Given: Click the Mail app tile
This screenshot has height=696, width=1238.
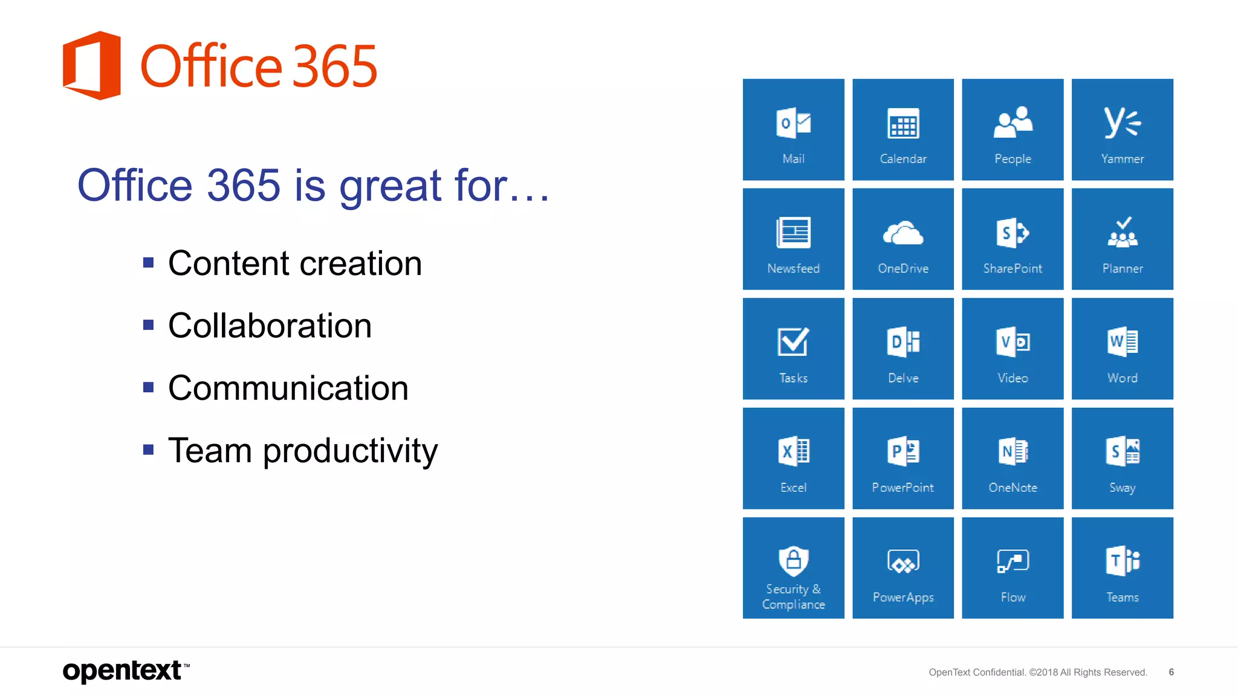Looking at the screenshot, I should pyautogui.click(x=793, y=129).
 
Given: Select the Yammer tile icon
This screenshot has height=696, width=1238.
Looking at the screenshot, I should pyautogui.click(x=1122, y=123).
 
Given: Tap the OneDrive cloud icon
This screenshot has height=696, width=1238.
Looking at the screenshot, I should pyautogui.click(x=903, y=233).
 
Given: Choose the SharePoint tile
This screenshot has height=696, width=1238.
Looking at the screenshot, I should pyautogui.click(x=1013, y=239).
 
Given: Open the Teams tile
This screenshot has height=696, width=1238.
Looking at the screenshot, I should pyautogui.click(x=1122, y=568).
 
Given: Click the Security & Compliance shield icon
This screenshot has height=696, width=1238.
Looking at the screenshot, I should pyautogui.click(x=793, y=561).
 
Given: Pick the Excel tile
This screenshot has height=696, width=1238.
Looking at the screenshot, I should pyautogui.click(x=793, y=458).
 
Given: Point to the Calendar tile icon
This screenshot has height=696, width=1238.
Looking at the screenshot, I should pyautogui.click(x=903, y=124).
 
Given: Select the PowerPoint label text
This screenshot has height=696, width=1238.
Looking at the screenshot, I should pyautogui.click(x=903, y=488).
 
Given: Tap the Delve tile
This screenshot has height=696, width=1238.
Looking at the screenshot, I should pyautogui.click(x=903, y=349).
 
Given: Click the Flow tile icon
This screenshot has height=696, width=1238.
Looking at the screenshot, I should pyautogui.click(x=1013, y=561).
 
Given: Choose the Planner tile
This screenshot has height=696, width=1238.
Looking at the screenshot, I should pyautogui.click(x=1122, y=239).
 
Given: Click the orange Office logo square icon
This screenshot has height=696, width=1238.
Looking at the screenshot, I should pyautogui.click(x=92, y=65).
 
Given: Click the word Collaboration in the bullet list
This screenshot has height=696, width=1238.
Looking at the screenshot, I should pyautogui.click(x=270, y=326).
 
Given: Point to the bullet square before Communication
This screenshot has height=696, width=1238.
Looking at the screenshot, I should pyautogui.click(x=148, y=387).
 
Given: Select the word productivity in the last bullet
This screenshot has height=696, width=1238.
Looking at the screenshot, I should pyautogui.click(x=350, y=451).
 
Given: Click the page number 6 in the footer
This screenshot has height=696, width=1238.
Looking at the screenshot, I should pyautogui.click(x=1171, y=672).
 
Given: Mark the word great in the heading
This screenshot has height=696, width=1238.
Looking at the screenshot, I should pyautogui.click(x=391, y=186).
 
